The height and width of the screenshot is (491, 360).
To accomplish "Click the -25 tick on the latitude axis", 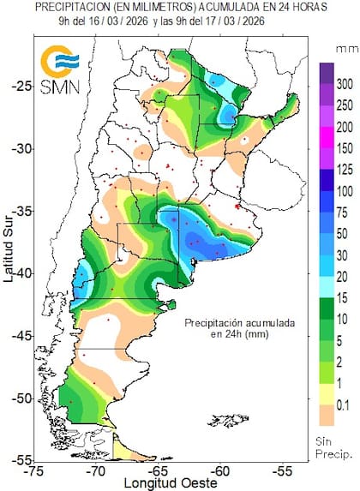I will pyautogui.click(x=20, y=86).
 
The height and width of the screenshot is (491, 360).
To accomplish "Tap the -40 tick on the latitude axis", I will pyautogui.click(x=20, y=272).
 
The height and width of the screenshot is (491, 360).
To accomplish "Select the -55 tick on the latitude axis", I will pyautogui.click(x=20, y=460).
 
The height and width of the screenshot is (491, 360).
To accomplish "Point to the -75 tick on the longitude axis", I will pyautogui.click(x=35, y=470).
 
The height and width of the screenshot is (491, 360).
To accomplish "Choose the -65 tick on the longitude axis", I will pyautogui.click(x=159, y=470).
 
